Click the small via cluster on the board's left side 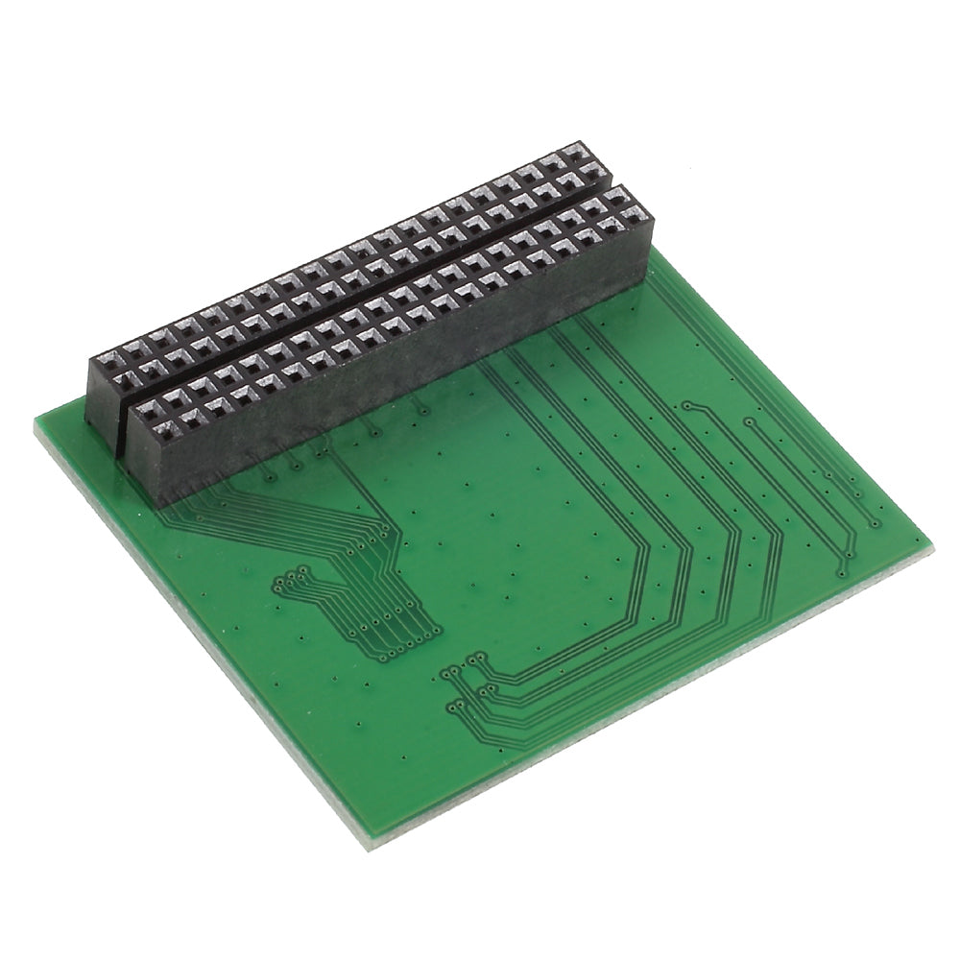tap(288, 579)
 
